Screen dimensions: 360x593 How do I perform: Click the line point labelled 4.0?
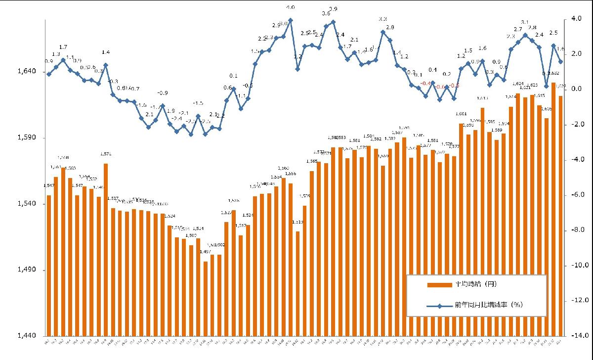[x=291, y=20]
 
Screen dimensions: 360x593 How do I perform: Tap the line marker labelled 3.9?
[x=333, y=22]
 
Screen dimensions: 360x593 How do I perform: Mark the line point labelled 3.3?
[x=383, y=32]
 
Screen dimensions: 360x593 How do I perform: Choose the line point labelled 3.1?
[x=525, y=35]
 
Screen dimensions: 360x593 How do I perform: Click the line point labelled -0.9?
[x=163, y=105]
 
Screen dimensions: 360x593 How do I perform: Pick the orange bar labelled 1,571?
[x=106, y=247]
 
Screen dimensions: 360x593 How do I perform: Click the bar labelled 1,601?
[x=461, y=227]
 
